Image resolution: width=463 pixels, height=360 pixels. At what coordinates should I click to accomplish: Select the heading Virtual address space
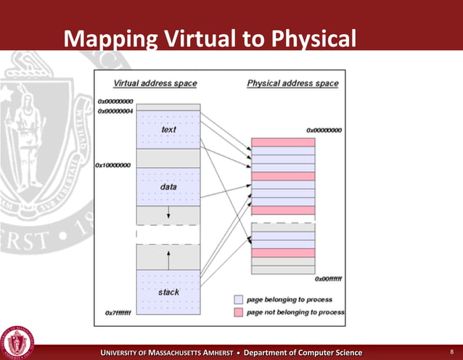point(155,83)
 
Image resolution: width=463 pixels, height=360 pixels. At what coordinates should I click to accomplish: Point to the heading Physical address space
point(292,83)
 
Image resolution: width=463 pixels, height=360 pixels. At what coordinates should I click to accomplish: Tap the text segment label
point(168,129)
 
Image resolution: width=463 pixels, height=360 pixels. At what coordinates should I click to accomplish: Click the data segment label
point(168,187)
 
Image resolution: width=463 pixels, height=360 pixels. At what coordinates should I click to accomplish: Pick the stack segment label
point(168,292)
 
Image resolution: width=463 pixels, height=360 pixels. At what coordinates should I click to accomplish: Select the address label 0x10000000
point(113,165)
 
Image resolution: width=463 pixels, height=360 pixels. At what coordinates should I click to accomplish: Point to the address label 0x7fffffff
point(116,314)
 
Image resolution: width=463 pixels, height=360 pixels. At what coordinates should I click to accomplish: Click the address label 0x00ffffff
point(328,278)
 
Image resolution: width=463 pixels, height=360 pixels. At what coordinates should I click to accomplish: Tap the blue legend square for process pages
point(238,299)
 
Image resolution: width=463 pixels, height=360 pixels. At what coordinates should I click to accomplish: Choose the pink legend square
point(238,312)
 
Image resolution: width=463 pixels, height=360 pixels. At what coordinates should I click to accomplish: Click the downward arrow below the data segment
point(168,213)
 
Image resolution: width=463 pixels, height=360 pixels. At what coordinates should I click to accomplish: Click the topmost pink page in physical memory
point(283,142)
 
